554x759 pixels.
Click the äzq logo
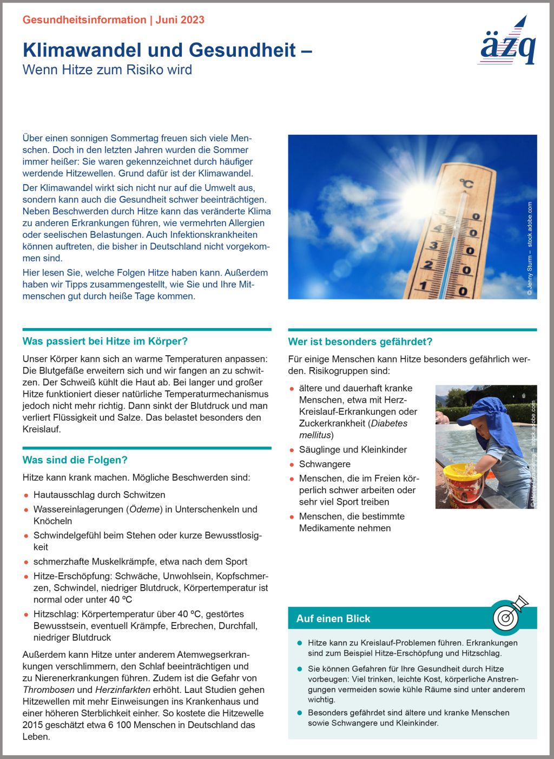point(507,43)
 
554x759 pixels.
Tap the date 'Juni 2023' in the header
point(180,20)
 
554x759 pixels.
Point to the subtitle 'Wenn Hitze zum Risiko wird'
point(107,70)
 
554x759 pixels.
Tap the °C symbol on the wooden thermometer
point(466,184)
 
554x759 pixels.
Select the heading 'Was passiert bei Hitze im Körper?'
point(105,342)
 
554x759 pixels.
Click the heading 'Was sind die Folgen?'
point(75,460)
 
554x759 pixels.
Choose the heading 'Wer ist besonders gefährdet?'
point(360,342)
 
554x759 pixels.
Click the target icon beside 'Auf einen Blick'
point(508,616)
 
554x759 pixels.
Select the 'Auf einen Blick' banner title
point(333,619)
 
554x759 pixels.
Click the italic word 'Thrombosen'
point(49,690)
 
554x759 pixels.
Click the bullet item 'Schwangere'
point(325,464)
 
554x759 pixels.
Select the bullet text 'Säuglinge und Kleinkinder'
point(353,450)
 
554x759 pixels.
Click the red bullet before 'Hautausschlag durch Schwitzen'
point(26,495)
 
